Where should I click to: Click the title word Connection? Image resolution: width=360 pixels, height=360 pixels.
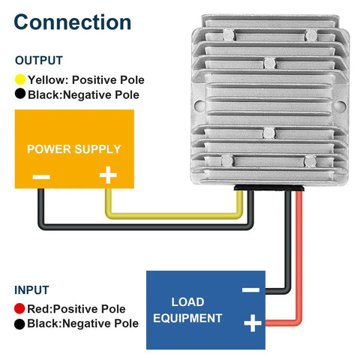tap(73, 22)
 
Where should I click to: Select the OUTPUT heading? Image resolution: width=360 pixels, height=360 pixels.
tap(39, 61)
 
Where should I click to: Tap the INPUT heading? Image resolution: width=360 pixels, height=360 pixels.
tap(31, 290)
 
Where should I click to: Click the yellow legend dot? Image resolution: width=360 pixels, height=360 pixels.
tap(20, 79)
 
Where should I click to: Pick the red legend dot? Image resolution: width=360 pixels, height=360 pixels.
tap(19, 308)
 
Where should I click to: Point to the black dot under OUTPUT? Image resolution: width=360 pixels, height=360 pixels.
tap(20, 94)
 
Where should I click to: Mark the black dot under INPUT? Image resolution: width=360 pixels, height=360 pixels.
tap(19, 324)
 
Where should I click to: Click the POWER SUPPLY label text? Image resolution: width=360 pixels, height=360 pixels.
tap(74, 149)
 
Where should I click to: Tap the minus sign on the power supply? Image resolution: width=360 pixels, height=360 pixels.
tap(41, 177)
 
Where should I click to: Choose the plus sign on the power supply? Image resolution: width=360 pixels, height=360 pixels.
tap(108, 175)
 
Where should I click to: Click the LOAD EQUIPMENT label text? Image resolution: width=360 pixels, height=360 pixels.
tap(187, 310)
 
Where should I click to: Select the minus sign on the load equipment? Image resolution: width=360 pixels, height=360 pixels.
tap(250, 289)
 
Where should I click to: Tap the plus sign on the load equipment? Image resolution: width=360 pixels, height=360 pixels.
tap(253, 323)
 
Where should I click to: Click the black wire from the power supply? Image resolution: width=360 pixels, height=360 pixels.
tap(145, 227)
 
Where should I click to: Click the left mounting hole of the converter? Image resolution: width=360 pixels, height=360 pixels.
tap(199, 106)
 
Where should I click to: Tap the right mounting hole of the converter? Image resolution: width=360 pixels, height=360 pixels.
tap(340, 106)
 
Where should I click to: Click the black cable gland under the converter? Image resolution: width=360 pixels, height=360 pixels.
tap(269, 187)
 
